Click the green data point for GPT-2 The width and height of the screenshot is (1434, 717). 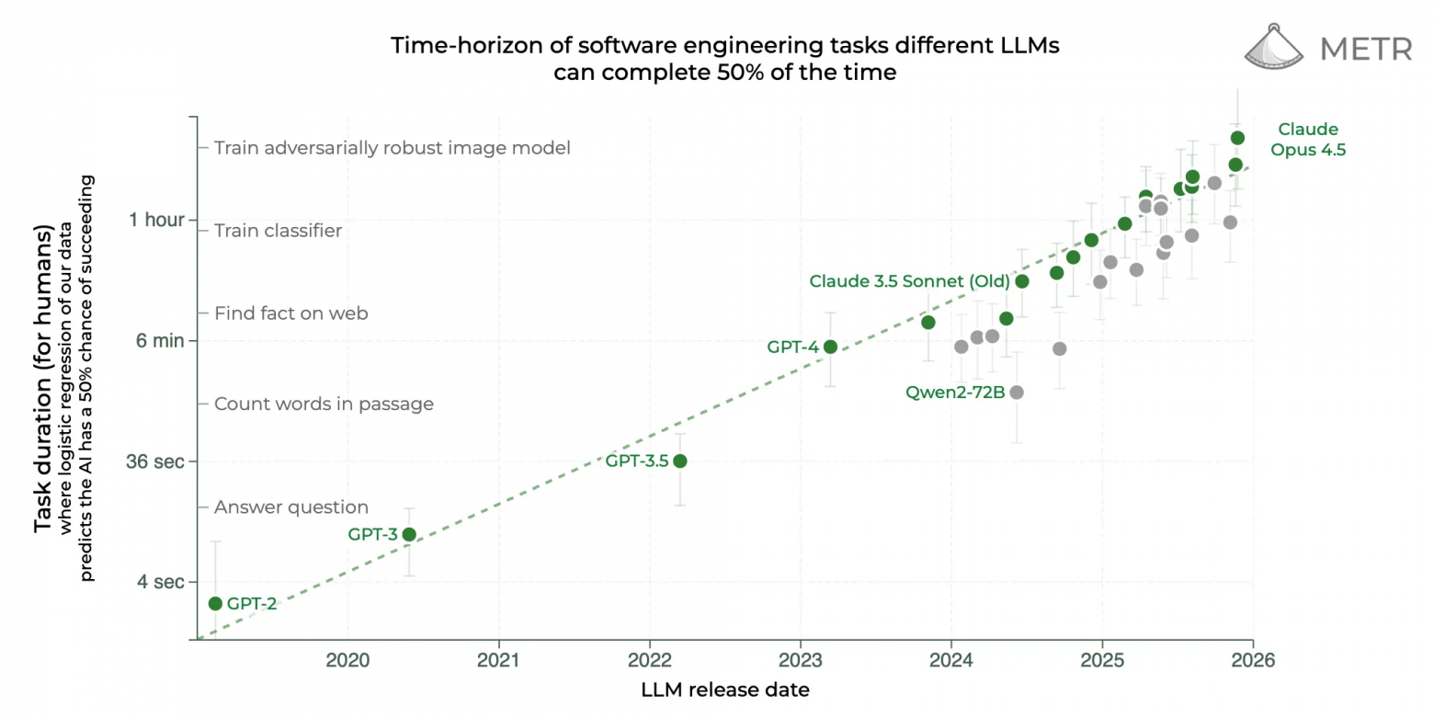click(215, 603)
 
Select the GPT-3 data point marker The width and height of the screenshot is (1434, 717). click(409, 534)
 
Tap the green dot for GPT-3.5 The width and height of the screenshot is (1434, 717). click(679, 461)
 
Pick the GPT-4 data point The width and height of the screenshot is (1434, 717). click(830, 347)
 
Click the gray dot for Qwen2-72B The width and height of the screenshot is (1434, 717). click(1016, 393)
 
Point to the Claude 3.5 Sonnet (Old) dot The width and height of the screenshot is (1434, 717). click(1021, 280)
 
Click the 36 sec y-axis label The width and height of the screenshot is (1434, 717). click(156, 461)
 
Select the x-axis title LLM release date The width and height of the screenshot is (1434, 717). click(725, 689)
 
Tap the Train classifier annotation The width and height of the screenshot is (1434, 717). click(278, 231)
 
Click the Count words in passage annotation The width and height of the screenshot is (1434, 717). click(324, 404)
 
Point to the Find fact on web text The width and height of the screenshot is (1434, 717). click(291, 313)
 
